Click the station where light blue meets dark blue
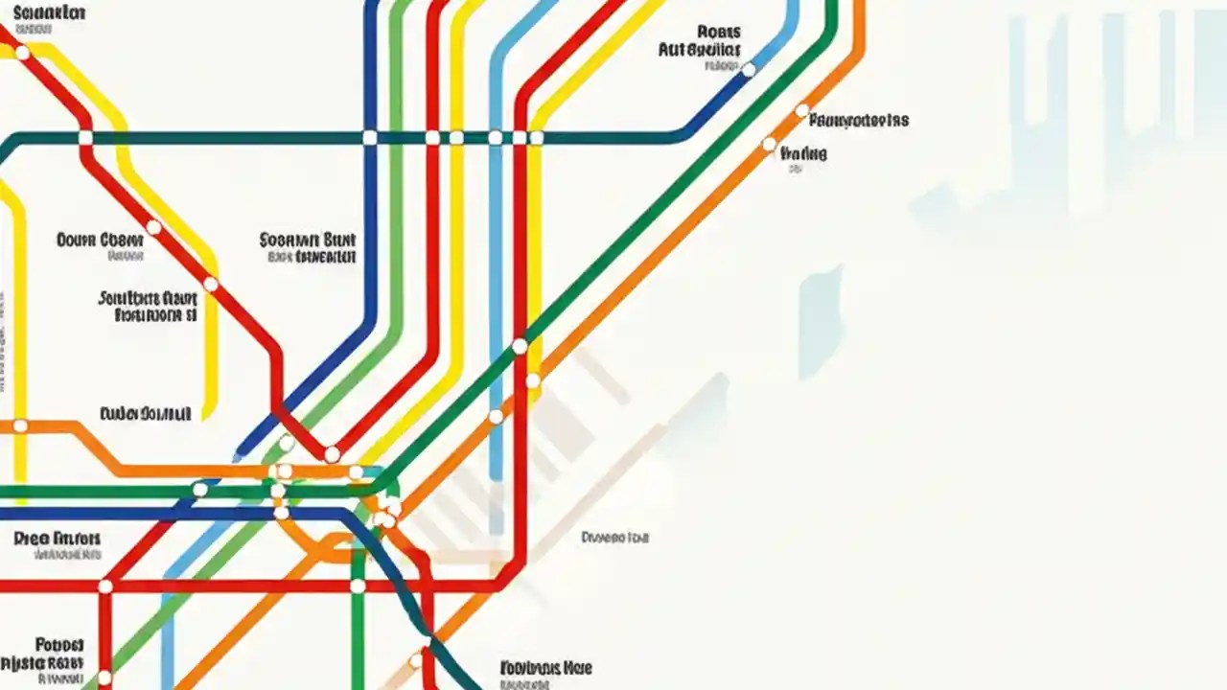click(x=749, y=70)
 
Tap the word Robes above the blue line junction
click(x=719, y=32)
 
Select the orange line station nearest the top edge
click(x=802, y=110)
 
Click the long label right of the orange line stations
click(x=859, y=121)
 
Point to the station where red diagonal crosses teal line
click(x=85, y=138)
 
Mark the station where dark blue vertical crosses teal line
click(x=370, y=138)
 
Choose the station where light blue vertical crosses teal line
click(x=495, y=138)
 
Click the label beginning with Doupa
click(x=100, y=239)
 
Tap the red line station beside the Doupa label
click(x=153, y=228)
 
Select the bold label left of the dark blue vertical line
click(x=308, y=239)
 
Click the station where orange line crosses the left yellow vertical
click(x=20, y=426)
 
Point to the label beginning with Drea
click(x=58, y=539)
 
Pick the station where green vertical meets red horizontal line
click(x=358, y=586)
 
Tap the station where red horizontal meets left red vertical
click(x=104, y=586)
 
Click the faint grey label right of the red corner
click(x=614, y=539)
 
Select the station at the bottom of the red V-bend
click(x=332, y=454)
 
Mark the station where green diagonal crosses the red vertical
click(x=520, y=346)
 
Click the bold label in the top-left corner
click(x=48, y=13)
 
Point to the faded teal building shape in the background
click(x=821, y=321)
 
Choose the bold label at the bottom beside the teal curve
click(x=545, y=667)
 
